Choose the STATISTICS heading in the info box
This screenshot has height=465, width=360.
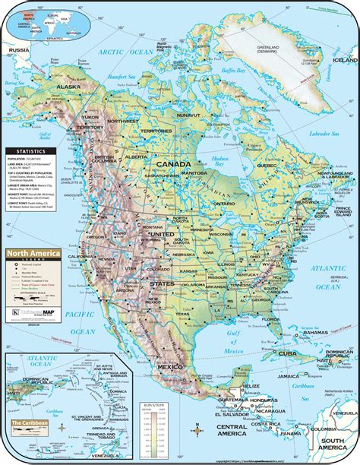point(24,150)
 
